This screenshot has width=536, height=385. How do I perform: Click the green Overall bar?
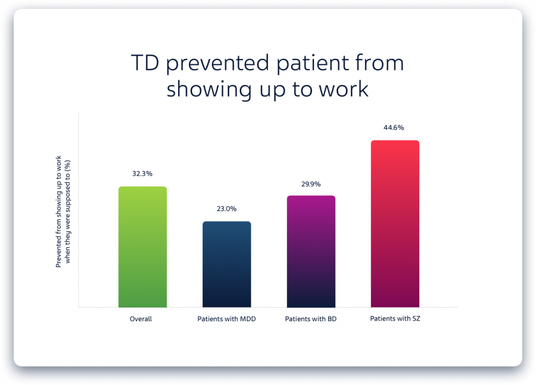tap(142, 247)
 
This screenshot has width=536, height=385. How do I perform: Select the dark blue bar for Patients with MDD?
tap(227, 264)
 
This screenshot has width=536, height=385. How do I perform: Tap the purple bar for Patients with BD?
tap(311, 251)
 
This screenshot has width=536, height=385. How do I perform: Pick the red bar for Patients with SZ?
tap(395, 223)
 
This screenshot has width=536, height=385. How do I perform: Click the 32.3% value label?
tap(142, 174)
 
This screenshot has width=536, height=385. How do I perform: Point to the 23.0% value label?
tap(227, 209)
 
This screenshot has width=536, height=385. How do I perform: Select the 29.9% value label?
tap(311, 184)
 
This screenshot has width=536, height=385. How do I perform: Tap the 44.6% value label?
tap(395, 128)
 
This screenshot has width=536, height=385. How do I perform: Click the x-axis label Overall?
tap(141, 319)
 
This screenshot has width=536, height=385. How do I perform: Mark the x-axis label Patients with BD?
tap(310, 319)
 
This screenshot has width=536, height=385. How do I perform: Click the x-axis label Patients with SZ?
tap(395, 318)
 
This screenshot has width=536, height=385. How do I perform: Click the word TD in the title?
tap(144, 63)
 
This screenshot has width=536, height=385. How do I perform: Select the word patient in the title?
tap(306, 64)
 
